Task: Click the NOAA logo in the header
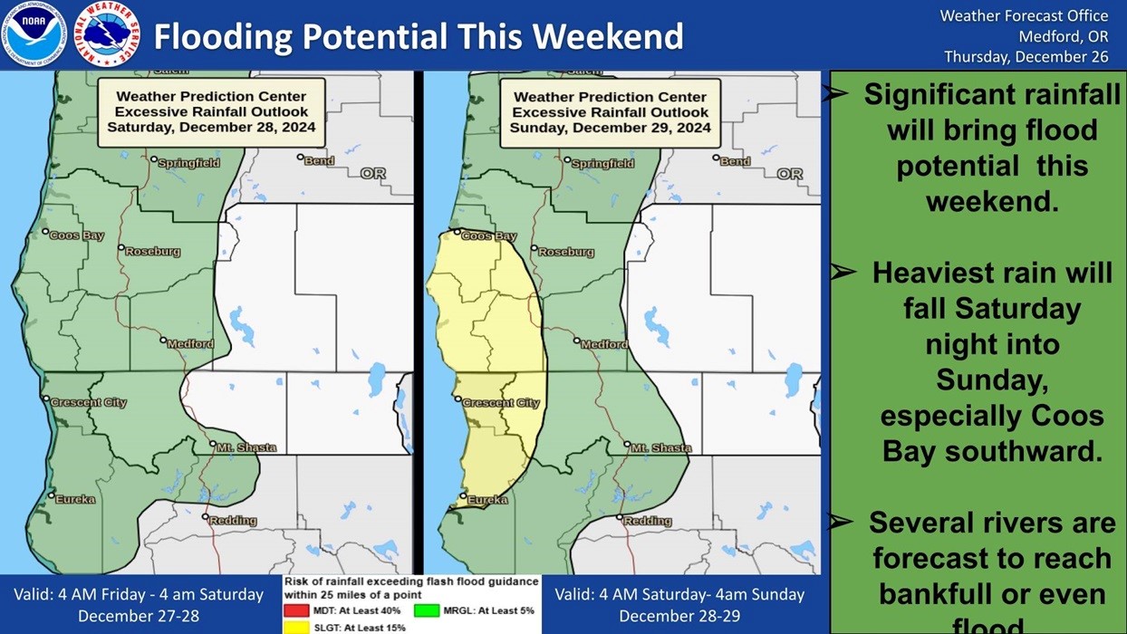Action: point(37,34)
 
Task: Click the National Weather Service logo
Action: point(107,34)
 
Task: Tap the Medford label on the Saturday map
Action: point(191,343)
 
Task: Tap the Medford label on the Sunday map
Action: point(604,344)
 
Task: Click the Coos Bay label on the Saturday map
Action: point(77,235)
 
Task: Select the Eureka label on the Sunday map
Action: point(486,499)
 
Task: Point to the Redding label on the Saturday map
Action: point(233,521)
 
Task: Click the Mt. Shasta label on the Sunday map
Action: point(660,447)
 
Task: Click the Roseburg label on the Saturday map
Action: point(152,251)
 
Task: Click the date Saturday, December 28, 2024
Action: point(211,128)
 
